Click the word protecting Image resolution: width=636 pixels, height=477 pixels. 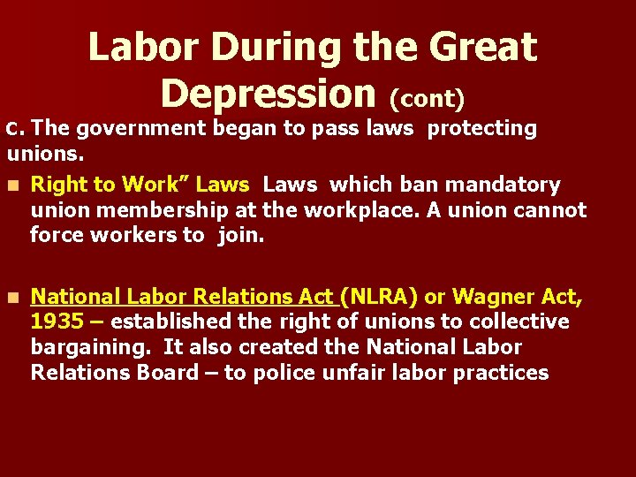pyautogui.click(x=482, y=128)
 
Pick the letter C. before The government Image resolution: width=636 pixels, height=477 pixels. pyautogui.click(x=17, y=129)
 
